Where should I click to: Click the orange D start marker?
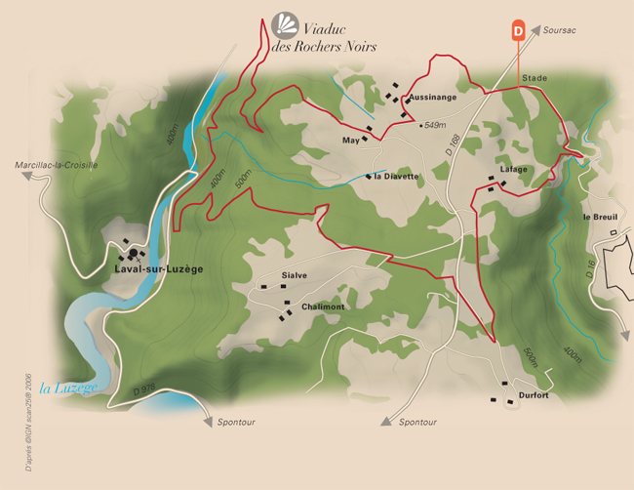[x=518, y=31]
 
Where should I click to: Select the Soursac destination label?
[x=560, y=31]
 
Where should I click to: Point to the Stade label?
[x=535, y=77]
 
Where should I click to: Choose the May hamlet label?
[x=351, y=141]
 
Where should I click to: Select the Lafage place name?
[x=513, y=169]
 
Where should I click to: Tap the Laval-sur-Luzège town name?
[x=158, y=268]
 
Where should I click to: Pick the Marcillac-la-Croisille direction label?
[x=57, y=166]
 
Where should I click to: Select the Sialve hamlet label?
[x=294, y=275]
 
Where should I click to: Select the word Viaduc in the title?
[x=325, y=28]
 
